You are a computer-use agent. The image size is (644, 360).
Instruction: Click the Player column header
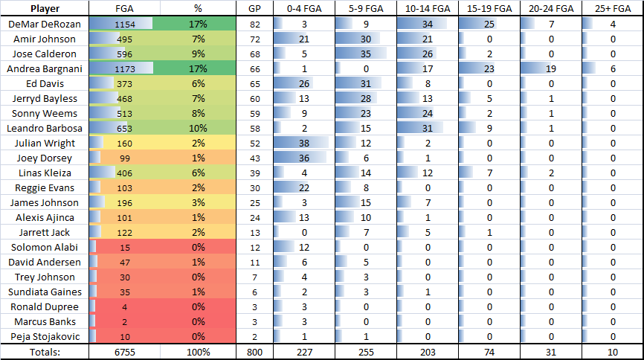[x=44, y=9]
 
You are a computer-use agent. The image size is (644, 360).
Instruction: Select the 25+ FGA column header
[x=613, y=9]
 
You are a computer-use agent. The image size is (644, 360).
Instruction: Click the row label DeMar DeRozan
[x=44, y=24]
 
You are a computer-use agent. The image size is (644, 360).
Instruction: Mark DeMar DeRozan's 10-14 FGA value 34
[x=426, y=24]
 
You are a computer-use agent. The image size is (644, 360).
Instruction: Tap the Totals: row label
[x=44, y=350]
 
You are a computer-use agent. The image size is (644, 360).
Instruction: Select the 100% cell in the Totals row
[x=198, y=350]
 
